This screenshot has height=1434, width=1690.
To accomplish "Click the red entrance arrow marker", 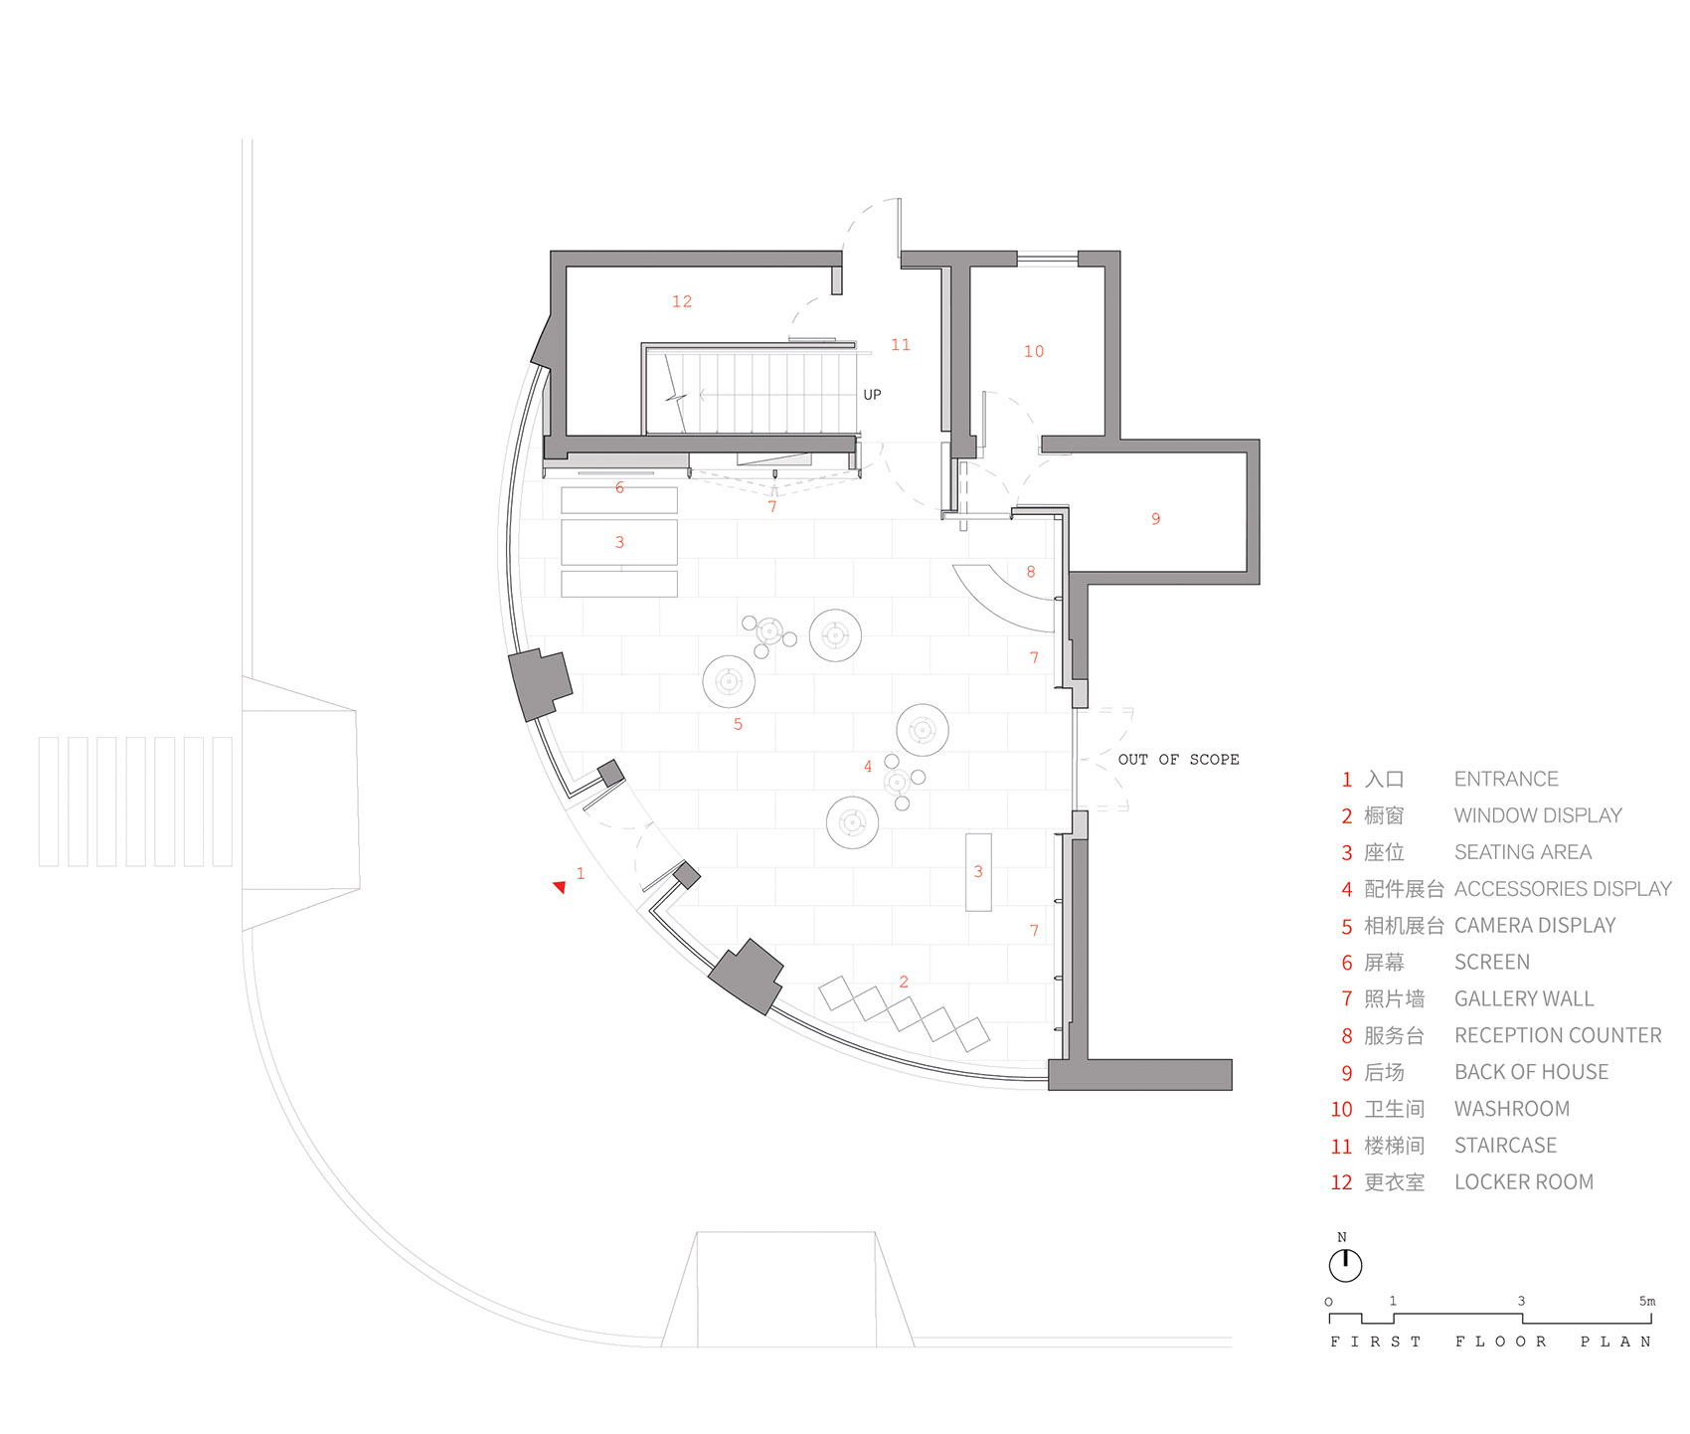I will click(x=560, y=886).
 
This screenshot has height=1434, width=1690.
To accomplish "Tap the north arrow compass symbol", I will click(x=1345, y=1265).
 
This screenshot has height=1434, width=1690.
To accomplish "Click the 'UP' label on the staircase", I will click(x=872, y=395).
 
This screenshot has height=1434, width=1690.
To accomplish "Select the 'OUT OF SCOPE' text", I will click(x=1178, y=759).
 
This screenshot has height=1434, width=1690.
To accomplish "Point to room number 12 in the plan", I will click(x=681, y=301).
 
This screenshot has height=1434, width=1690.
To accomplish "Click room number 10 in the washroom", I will click(x=1033, y=351).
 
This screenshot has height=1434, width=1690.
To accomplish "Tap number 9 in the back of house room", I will click(x=1155, y=519).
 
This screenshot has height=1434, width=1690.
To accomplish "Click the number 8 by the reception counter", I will click(x=1031, y=572).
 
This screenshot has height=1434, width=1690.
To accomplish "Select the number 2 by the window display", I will click(x=903, y=982).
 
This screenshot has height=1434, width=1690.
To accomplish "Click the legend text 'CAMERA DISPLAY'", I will click(x=1534, y=926).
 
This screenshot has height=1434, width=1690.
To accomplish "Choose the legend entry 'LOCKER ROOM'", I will click(x=1523, y=1182).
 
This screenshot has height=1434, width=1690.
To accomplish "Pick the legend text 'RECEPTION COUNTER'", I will click(x=1557, y=1036).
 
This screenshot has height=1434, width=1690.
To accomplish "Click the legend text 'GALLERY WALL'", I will click(x=1523, y=999).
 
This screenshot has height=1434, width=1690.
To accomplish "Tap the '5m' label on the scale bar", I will click(x=1647, y=1301).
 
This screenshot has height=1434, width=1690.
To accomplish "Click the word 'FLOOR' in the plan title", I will click(x=1500, y=1342).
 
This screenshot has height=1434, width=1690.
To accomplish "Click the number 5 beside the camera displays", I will click(x=738, y=724).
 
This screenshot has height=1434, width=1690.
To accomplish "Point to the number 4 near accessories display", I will click(x=867, y=767).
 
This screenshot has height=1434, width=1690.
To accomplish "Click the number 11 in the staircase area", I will click(x=900, y=345).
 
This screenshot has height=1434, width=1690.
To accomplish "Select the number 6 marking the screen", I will click(x=619, y=487).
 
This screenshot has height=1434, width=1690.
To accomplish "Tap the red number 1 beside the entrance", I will click(x=581, y=873).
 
